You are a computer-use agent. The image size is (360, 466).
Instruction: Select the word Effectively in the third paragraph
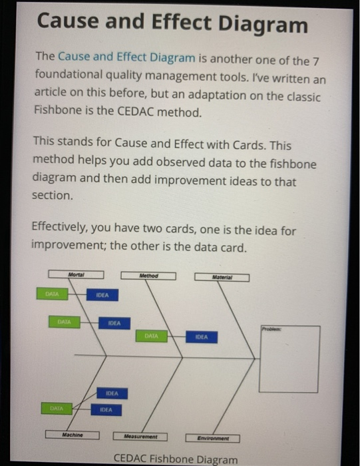(x=64, y=231)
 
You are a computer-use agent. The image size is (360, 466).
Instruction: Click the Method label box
(x=148, y=276)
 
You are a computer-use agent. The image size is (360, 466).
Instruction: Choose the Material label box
(x=222, y=278)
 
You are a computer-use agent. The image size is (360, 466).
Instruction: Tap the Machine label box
(x=72, y=435)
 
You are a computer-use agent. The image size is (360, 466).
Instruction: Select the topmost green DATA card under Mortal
(x=51, y=293)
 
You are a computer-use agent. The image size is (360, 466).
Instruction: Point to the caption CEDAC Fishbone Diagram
(x=175, y=459)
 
